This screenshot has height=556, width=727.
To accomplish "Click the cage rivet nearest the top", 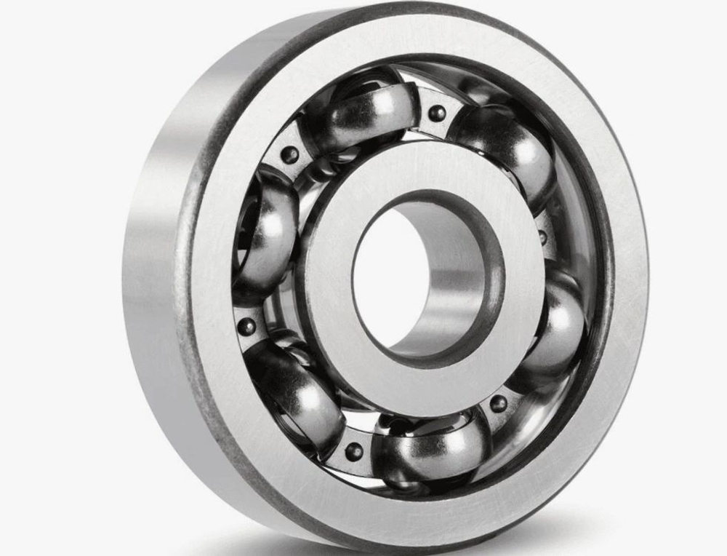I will [x=437, y=114].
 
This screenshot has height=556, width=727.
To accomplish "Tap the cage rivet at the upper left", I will [x=289, y=154].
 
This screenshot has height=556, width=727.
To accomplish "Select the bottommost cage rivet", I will [x=354, y=451].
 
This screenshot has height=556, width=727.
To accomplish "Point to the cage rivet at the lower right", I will [x=499, y=404].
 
